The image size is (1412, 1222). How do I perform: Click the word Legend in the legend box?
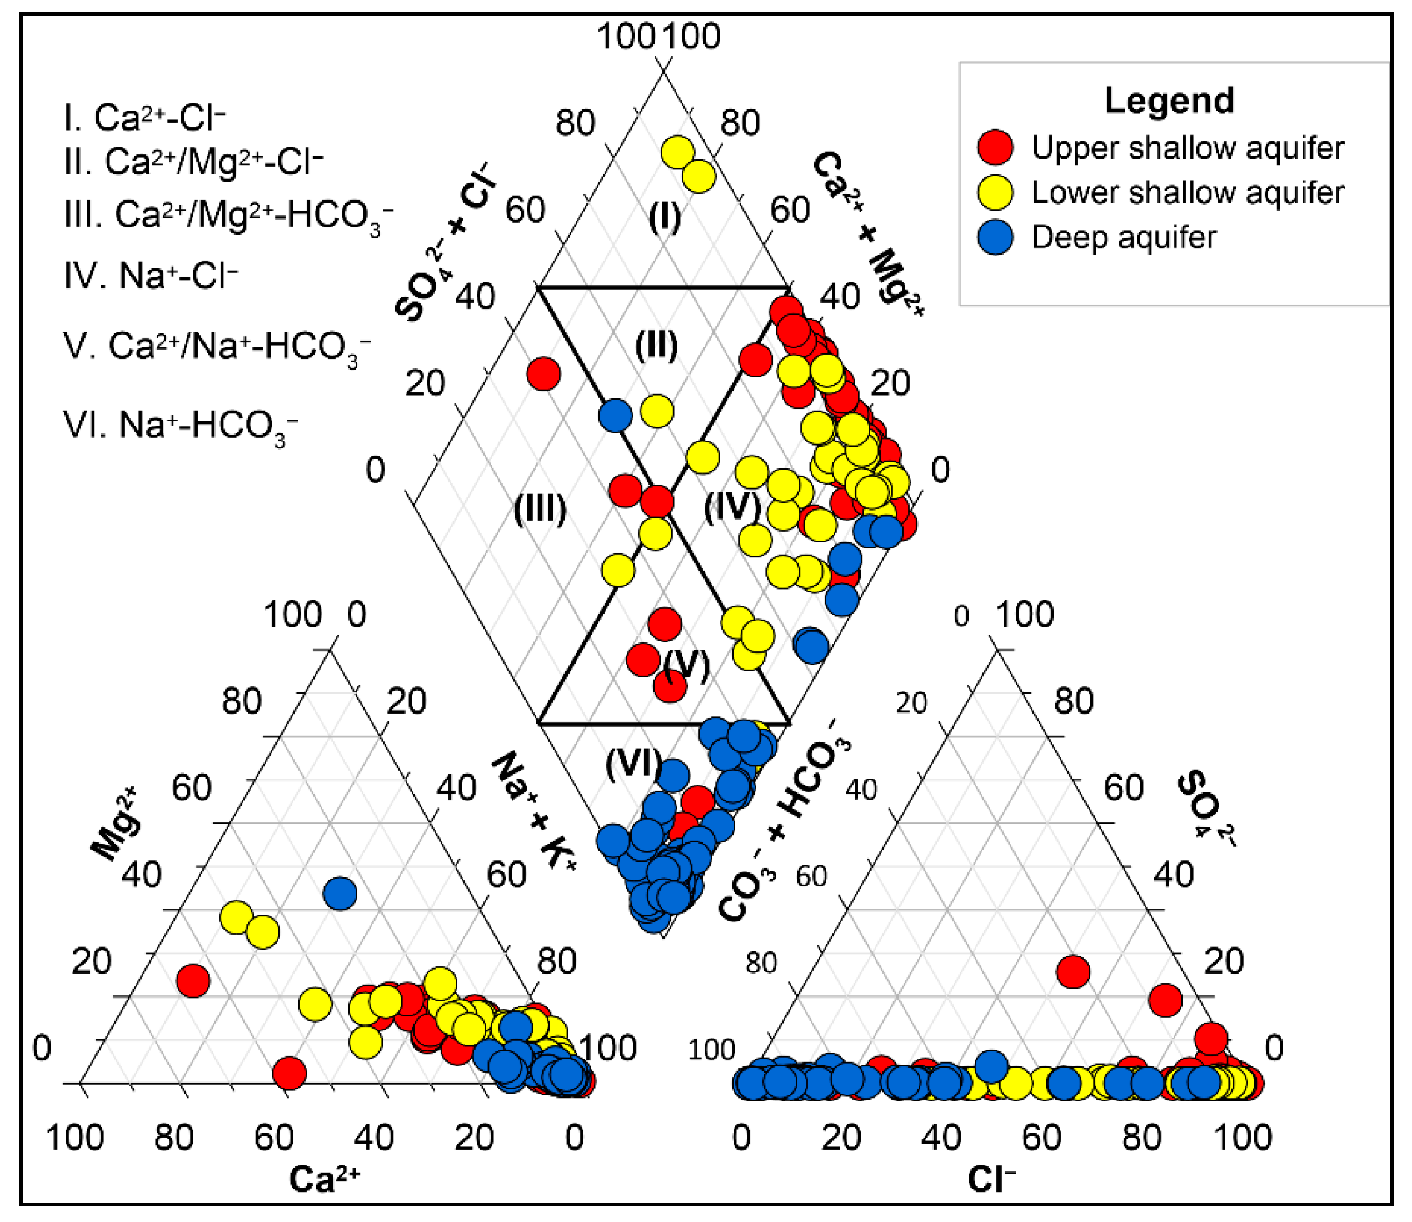(1169, 101)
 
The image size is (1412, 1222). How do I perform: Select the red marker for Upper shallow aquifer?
(995, 147)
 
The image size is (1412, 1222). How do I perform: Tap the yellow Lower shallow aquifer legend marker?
(995, 192)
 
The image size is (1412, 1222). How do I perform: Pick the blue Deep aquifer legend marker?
(995, 237)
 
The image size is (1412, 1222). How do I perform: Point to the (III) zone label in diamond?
(540, 508)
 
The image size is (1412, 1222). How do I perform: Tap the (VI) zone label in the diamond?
(633, 762)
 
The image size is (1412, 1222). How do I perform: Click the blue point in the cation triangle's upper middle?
(340, 894)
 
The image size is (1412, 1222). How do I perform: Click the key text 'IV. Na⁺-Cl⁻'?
(151, 276)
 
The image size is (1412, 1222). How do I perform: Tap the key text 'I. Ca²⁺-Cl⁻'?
(144, 118)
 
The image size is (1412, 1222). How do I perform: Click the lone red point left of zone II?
(543, 373)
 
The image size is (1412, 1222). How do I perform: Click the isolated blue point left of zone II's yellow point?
(615, 415)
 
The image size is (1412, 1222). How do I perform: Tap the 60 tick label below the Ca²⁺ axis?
(273, 1138)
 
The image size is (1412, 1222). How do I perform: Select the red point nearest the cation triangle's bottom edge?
(289, 1073)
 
